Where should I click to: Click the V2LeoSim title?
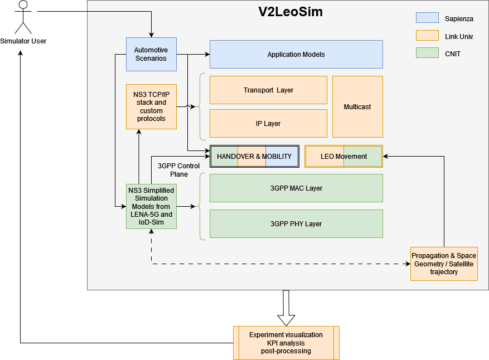(290, 12)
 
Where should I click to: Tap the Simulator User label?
(23, 41)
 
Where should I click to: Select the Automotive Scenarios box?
(151, 54)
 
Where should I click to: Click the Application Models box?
(296, 54)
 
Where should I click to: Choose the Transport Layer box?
(268, 90)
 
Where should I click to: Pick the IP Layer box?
(268, 123)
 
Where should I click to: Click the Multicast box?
(357, 106)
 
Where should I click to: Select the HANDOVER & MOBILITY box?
(254, 156)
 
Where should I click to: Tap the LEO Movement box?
(343, 156)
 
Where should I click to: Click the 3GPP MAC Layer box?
(296, 188)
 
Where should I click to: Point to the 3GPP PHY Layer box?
(296, 223)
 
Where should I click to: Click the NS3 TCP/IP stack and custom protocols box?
(151, 106)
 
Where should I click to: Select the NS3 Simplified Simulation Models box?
(151, 206)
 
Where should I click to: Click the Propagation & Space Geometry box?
(444, 264)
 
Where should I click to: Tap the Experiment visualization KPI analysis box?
(286, 343)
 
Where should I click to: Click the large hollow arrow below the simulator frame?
(286, 308)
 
